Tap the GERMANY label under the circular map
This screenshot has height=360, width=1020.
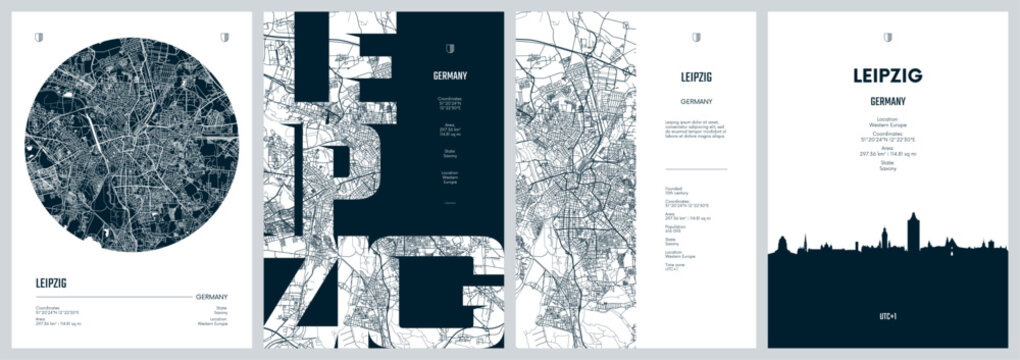coord(211,296)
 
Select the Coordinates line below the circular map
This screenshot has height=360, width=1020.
coord(60,308)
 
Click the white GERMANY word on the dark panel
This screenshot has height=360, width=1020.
coord(450,76)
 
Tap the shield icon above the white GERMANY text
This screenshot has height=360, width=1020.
coord(450,47)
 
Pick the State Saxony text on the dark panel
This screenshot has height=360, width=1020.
coord(450,153)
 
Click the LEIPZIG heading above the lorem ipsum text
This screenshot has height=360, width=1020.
coord(695,76)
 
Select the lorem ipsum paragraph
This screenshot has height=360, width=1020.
coord(695,128)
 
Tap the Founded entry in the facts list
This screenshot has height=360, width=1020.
coord(680,191)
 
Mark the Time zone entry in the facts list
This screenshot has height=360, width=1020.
coord(680,267)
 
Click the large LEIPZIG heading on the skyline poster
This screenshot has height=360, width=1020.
coord(887,76)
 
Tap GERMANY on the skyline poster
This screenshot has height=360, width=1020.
coord(887,101)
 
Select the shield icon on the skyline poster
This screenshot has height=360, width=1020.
coord(887,38)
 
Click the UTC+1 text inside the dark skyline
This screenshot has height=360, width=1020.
coord(887,316)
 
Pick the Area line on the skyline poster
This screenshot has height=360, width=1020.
coord(887,151)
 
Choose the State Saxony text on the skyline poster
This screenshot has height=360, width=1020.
coord(887,170)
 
